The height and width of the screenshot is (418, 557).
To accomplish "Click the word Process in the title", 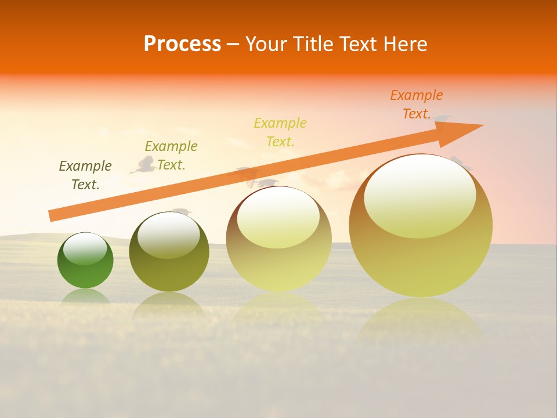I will (182, 44).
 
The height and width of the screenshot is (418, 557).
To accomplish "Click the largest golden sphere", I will (421, 255).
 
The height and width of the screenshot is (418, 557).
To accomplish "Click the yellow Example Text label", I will (280, 132).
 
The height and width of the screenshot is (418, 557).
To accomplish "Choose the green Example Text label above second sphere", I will (171, 155).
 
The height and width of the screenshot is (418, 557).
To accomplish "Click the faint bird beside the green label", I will (143, 165).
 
